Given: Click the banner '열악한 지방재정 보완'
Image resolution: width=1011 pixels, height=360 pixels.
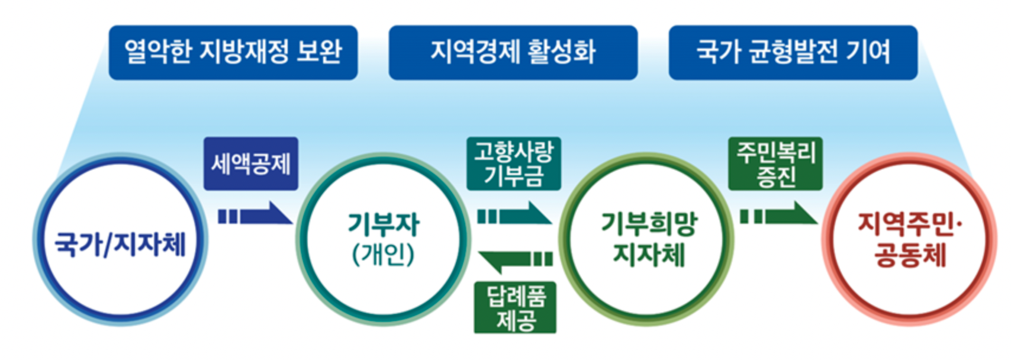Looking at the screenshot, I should point(233,52).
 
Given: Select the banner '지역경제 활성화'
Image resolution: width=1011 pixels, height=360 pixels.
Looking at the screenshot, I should point(513,52).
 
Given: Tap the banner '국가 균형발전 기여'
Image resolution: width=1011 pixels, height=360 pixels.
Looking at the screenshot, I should point(793,52).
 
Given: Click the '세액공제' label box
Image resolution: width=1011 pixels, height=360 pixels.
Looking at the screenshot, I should point(251,164).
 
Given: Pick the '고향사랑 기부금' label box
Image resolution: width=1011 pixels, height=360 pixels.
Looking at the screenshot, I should point(513,164).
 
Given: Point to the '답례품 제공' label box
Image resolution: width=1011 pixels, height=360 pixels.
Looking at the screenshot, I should point(515,307).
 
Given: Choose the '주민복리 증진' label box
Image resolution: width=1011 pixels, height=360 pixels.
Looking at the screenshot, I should point(775,164).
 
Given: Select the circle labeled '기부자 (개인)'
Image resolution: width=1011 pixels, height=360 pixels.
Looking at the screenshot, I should point(384,240).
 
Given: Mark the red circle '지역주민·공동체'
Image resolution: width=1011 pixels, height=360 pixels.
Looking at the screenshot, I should point(910,240).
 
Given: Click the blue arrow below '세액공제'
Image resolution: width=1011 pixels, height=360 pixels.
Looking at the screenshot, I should point(255,214).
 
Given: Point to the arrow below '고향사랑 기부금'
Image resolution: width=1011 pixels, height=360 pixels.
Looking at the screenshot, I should point(514,214).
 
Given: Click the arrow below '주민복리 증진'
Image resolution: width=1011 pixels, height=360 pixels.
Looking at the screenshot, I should point(778,214).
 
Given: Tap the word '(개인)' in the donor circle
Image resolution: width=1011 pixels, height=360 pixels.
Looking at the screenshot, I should point(384,255).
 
